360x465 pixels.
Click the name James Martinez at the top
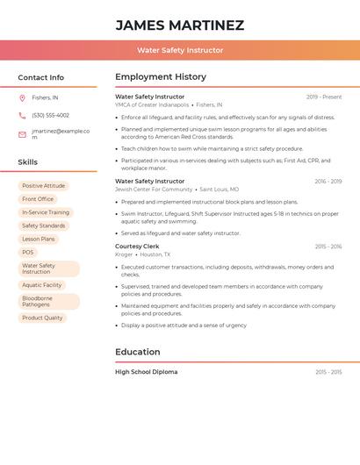[x=180, y=25]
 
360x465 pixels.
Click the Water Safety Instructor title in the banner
[x=180, y=50]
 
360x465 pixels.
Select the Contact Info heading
[x=41, y=77]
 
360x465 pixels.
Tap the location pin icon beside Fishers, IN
[x=22, y=97]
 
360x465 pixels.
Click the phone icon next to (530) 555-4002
[x=22, y=116]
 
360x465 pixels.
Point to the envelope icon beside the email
[x=22, y=134]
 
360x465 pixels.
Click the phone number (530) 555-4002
[x=50, y=116]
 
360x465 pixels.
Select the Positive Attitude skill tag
[x=43, y=186]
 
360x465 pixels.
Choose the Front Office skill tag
[x=38, y=199]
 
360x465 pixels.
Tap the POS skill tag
[x=28, y=253]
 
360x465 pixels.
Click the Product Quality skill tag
[x=42, y=318]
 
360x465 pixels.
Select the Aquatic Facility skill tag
[x=42, y=285]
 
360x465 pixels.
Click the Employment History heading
[x=161, y=77]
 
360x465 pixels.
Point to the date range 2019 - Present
[x=324, y=97]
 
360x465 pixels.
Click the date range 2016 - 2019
[x=328, y=182]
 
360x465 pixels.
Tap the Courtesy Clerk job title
[x=136, y=247]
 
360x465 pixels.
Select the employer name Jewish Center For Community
[x=154, y=190]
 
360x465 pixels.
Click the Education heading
[x=138, y=352]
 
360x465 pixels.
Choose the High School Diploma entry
[x=147, y=372]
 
